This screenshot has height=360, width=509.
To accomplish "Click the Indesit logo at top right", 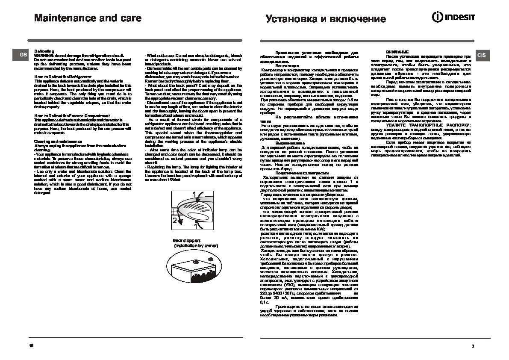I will pyautogui.click(x=454, y=18).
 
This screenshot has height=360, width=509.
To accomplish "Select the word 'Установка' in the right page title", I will pyautogui.click(x=288, y=19).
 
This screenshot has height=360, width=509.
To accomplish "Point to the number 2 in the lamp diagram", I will pyautogui.click(x=174, y=221).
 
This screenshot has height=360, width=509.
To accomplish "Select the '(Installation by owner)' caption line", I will pyautogui.click(x=196, y=246).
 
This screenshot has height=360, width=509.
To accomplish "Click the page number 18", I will pyautogui.click(x=31, y=345).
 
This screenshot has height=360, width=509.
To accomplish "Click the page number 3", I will pyautogui.click(x=473, y=345).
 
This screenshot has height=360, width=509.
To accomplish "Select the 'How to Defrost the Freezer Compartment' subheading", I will pyautogui.click(x=71, y=115).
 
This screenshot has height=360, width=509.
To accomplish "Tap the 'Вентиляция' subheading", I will pyautogui.click(x=284, y=66).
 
